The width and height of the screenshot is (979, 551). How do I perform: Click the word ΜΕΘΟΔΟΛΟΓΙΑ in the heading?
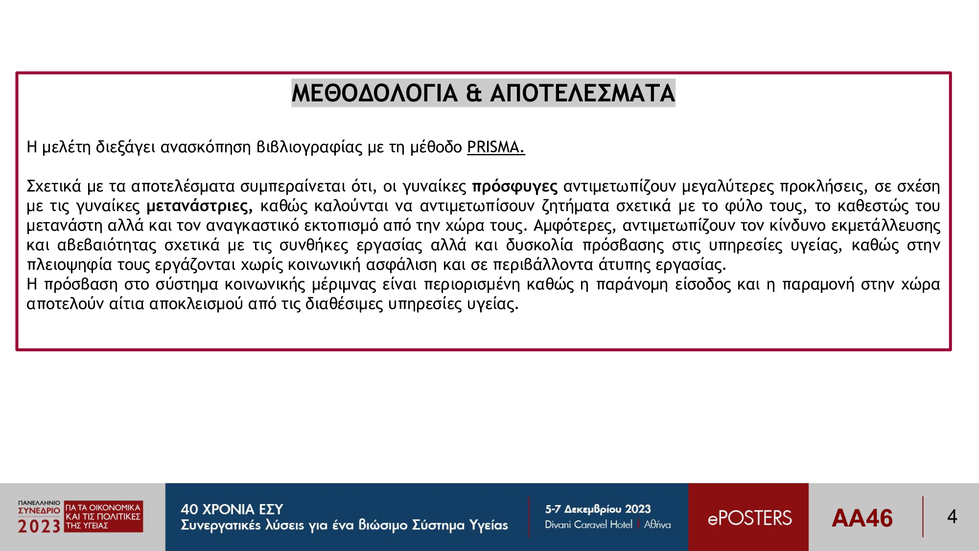tap(374, 93)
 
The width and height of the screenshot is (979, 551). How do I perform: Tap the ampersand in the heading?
tap(474, 93)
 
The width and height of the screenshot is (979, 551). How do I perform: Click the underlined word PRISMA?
tap(496, 147)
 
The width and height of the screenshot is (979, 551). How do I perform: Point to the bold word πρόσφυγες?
tap(514, 187)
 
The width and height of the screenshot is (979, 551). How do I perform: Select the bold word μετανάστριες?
tap(200, 207)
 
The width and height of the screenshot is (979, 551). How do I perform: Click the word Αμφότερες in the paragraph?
tap(575, 226)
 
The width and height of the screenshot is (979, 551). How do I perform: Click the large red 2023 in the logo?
tap(39, 527)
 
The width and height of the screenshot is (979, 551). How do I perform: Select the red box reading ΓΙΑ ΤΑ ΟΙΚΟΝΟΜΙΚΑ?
tap(104, 516)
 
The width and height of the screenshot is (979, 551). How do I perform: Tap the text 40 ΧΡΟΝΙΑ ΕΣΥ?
tap(232, 509)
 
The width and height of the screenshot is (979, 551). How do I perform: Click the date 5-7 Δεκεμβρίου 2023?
tap(598, 509)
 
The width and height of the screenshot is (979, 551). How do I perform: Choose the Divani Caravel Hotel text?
tap(588, 525)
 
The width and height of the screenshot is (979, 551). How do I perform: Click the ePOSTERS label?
tap(749, 518)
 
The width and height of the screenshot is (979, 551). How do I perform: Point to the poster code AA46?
tap(862, 518)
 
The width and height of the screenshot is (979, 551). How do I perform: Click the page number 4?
tap(952, 517)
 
